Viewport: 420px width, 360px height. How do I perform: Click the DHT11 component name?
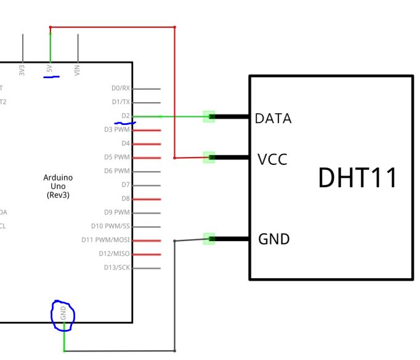click(x=357, y=178)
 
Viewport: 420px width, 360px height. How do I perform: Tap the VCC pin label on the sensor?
click(x=273, y=159)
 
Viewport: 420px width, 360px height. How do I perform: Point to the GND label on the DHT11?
click(x=273, y=239)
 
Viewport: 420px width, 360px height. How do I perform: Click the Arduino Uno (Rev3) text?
click(x=58, y=186)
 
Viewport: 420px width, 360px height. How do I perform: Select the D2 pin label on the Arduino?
click(x=126, y=116)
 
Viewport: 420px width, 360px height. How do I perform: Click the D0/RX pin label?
click(x=121, y=89)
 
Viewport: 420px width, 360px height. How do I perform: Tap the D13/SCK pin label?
click(x=117, y=268)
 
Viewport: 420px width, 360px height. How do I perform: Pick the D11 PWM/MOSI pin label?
click(x=106, y=240)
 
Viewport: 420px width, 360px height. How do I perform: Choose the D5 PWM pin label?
click(x=117, y=157)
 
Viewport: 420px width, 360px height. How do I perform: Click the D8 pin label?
click(x=126, y=198)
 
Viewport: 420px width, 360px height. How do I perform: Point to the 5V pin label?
click(x=50, y=70)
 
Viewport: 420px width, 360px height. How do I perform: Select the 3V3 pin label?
click(x=23, y=70)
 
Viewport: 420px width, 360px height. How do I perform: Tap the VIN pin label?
click(x=78, y=70)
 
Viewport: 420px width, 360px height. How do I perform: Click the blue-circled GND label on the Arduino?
click(x=63, y=313)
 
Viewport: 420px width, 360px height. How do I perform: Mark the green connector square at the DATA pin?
click(x=209, y=116)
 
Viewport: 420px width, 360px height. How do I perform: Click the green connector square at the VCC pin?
click(x=209, y=158)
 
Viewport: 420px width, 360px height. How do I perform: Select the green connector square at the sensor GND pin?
click(x=209, y=239)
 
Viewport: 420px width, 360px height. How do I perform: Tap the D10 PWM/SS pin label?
click(x=110, y=226)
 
